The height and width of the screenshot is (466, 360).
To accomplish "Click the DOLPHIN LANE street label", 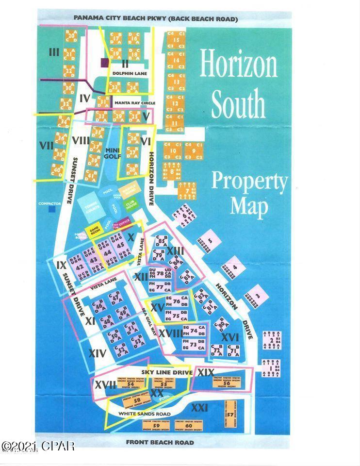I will [x=126, y=73].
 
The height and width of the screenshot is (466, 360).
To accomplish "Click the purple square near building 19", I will [x=104, y=62].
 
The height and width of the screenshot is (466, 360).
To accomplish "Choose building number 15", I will [x=176, y=40].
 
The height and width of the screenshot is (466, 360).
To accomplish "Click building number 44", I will [x=107, y=252].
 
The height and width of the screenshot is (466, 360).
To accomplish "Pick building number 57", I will [x=229, y=415].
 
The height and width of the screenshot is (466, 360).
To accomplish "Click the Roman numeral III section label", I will [x=54, y=52].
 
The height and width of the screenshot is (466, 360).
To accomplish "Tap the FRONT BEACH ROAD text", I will [x=160, y=442].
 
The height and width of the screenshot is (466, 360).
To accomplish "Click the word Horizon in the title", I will [x=238, y=66].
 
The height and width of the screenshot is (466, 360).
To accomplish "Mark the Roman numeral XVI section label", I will [x=230, y=336].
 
